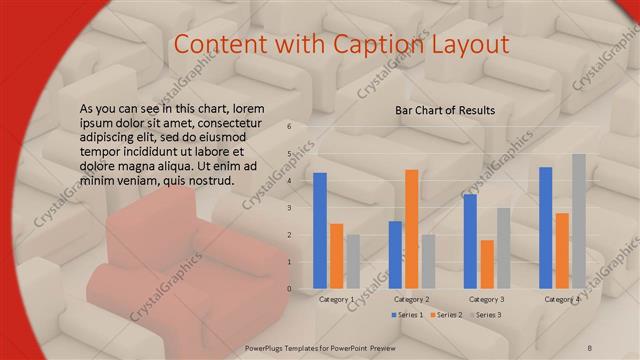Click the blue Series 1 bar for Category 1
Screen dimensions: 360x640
point(320,230)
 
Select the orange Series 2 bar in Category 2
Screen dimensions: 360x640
point(411,229)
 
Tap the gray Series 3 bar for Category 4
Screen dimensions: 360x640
point(578,221)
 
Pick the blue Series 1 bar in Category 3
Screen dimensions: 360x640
point(470,241)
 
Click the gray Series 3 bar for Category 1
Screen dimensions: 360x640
point(353,261)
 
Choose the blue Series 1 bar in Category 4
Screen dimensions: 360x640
point(545,228)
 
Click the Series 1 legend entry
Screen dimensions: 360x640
point(407,315)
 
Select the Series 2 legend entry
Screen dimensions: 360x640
point(446,315)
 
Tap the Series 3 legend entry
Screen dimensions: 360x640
point(485,315)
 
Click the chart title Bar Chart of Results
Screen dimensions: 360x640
point(445,109)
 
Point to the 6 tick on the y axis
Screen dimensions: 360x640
point(288,127)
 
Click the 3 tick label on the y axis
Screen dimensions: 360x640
point(288,208)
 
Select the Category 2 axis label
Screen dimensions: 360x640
point(411,299)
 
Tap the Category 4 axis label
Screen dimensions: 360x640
point(561,299)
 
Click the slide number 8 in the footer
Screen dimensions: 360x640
point(590,347)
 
